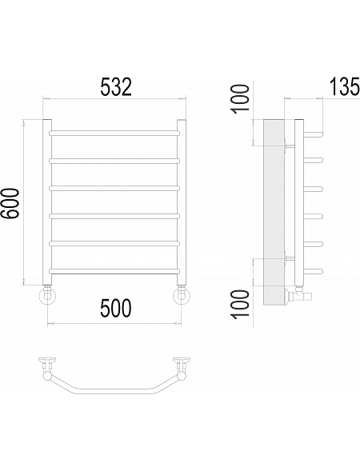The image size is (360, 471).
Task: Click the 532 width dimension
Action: (116, 87)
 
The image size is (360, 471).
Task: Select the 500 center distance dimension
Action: (116, 308)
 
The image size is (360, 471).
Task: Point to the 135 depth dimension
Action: (345, 86)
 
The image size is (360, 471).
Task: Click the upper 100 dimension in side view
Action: (241, 98)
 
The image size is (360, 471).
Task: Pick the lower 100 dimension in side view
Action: (241, 303)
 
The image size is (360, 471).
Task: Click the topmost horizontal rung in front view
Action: (114, 133)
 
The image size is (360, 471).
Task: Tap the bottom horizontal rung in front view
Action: (114, 271)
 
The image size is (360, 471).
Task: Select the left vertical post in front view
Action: (47, 202)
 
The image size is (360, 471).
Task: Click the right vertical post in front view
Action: (182, 202)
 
